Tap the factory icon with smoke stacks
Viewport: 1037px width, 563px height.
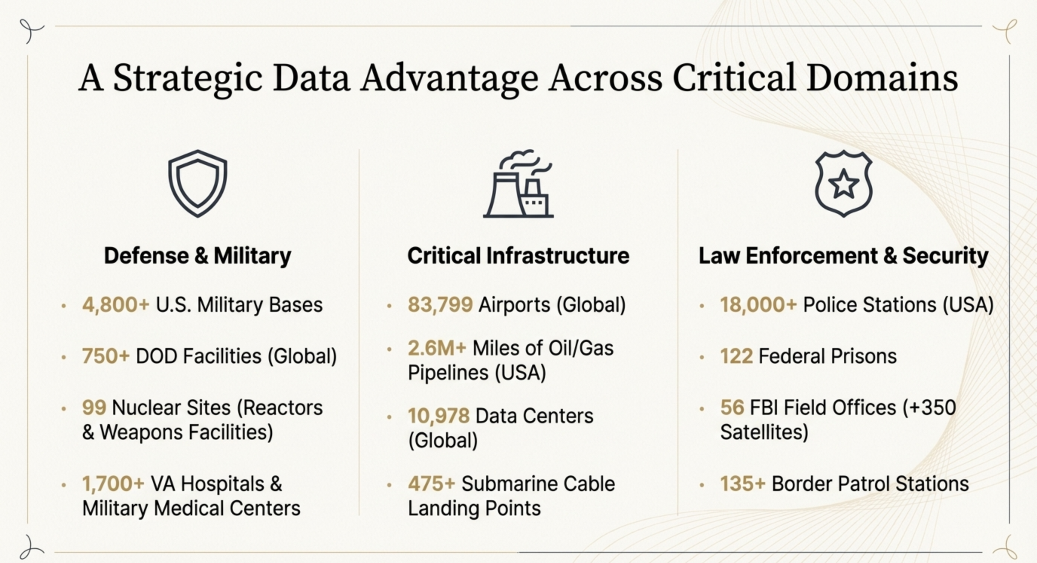(x=518, y=183)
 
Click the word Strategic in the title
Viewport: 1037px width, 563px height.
(x=188, y=79)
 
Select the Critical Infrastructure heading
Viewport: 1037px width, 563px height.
(x=518, y=256)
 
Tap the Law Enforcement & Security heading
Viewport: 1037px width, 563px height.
(x=843, y=256)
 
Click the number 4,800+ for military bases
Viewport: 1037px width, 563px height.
(x=116, y=305)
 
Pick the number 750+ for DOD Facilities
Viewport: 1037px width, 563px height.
(x=106, y=356)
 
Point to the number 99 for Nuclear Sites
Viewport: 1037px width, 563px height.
(x=94, y=408)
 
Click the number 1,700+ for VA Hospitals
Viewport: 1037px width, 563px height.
(x=113, y=484)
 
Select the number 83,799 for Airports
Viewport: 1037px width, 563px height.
(x=440, y=305)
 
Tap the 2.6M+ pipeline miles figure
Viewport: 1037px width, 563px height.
(x=437, y=348)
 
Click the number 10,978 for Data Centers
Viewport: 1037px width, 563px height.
(x=439, y=416)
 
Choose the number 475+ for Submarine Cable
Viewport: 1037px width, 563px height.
(x=431, y=484)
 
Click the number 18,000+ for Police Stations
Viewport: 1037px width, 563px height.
(x=759, y=305)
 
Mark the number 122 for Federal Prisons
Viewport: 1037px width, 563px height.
(x=736, y=356)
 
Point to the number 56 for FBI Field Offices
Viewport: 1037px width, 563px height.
(x=732, y=408)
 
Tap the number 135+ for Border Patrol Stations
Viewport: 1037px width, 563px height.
(x=743, y=484)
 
